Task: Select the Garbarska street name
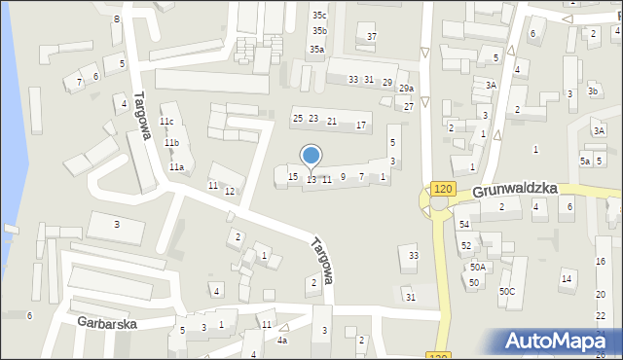(x=107, y=322)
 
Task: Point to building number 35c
(x=319, y=16)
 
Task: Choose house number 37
(x=371, y=37)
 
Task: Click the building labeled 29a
(x=406, y=89)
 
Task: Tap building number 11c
(x=166, y=122)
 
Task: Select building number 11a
(x=176, y=167)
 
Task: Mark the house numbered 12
(x=230, y=191)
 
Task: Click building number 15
(x=293, y=176)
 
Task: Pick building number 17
(x=361, y=126)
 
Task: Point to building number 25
(x=298, y=119)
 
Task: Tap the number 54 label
(x=464, y=225)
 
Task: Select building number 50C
(x=507, y=291)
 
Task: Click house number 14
(x=566, y=279)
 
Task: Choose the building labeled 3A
(x=492, y=86)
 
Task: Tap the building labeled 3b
(x=592, y=91)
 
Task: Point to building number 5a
(x=585, y=161)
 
